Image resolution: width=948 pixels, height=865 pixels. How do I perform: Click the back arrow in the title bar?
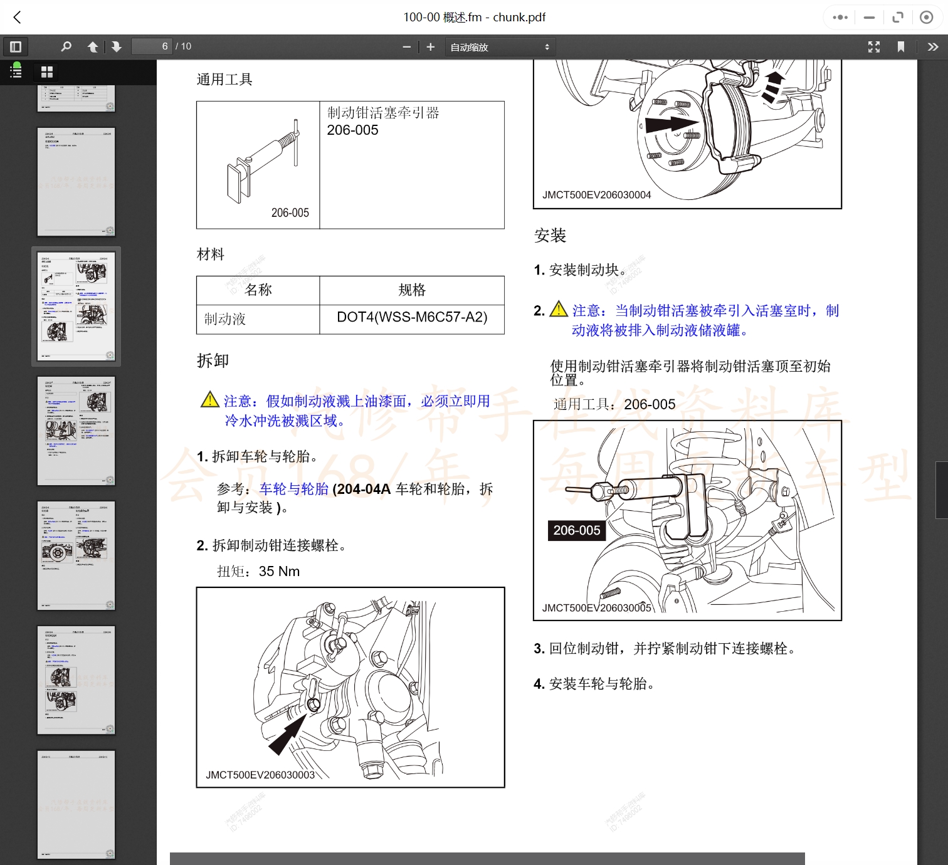pyautogui.click(x=18, y=18)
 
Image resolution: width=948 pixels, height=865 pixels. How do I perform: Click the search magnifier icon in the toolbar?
pyautogui.click(x=66, y=46)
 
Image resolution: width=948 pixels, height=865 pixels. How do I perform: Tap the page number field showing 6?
pyautogui.click(x=152, y=46)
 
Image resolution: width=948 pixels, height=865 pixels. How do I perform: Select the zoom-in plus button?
pyautogui.click(x=431, y=47)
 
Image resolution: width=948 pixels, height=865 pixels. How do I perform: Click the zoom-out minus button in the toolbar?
pyautogui.click(x=406, y=47)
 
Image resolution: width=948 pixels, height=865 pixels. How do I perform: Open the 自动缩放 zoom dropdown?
pyautogui.click(x=500, y=47)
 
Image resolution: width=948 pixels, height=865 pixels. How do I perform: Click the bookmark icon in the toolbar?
pyautogui.click(x=901, y=47)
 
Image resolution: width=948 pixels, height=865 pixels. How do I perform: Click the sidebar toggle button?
pyautogui.click(x=16, y=46)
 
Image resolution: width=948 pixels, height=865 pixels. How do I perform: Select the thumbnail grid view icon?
pyautogui.click(x=47, y=72)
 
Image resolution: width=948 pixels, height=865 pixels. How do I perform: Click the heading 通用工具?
pyautogui.click(x=224, y=80)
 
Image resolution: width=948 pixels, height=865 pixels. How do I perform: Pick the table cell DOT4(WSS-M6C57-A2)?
pyautogui.click(x=412, y=318)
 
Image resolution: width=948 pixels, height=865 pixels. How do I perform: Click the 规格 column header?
pyautogui.click(x=412, y=290)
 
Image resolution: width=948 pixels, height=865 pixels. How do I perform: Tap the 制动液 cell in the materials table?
pyautogui.click(x=225, y=319)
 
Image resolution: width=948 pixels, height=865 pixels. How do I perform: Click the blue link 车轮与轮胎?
pyautogui.click(x=294, y=489)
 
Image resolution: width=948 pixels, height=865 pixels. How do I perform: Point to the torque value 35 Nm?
pyautogui.click(x=279, y=572)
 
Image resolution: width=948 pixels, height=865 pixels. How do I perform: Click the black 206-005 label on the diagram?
pyautogui.click(x=576, y=530)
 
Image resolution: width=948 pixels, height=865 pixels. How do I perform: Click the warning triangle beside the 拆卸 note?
pyautogui.click(x=209, y=399)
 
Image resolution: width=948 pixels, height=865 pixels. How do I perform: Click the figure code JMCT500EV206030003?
pyautogui.click(x=260, y=775)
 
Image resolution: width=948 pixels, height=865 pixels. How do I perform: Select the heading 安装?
pyautogui.click(x=550, y=236)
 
